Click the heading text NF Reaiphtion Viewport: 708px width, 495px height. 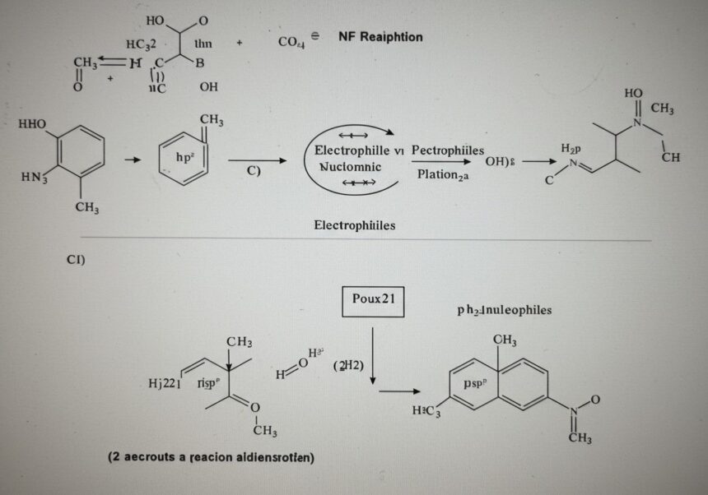[x=380, y=37]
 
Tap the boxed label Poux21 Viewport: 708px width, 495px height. [x=373, y=300]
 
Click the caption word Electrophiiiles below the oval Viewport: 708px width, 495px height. [x=354, y=225]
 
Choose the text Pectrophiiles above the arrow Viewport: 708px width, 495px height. [x=447, y=151]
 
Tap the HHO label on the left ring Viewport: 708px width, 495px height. [x=32, y=124]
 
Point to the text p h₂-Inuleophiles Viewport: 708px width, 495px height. [x=504, y=311]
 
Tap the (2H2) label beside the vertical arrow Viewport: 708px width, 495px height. [x=347, y=365]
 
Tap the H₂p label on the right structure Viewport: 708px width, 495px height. [x=571, y=148]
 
